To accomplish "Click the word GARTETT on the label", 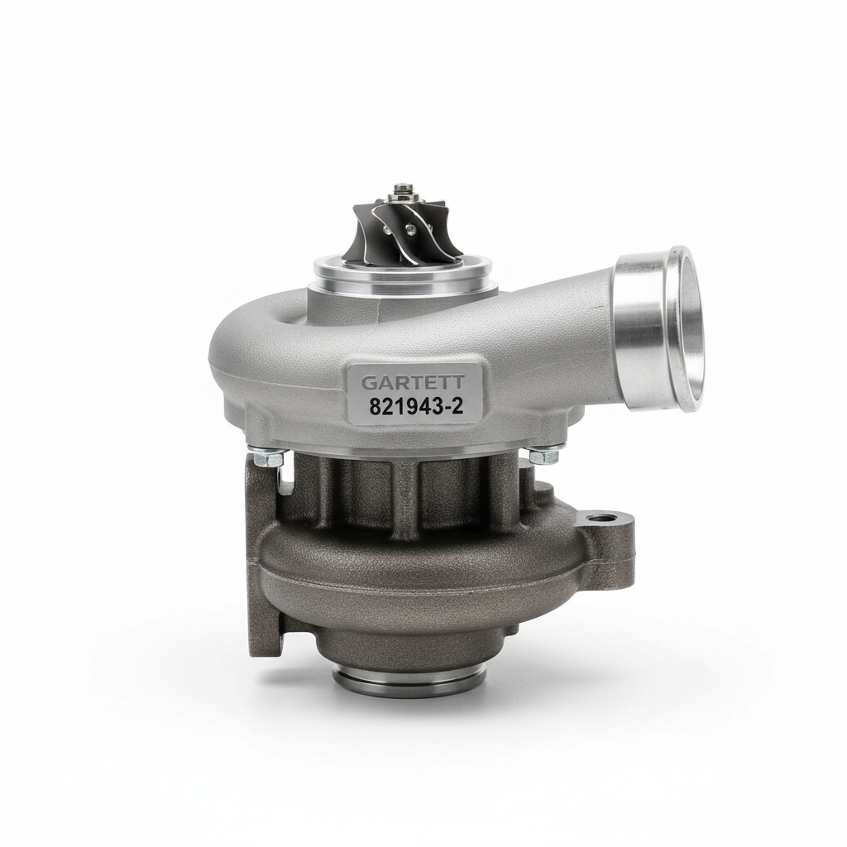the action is coord(413,382).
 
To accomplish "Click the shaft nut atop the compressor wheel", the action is coord(402,191).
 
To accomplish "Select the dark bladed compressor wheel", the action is coord(401,233).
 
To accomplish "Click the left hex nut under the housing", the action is coord(268,458).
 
